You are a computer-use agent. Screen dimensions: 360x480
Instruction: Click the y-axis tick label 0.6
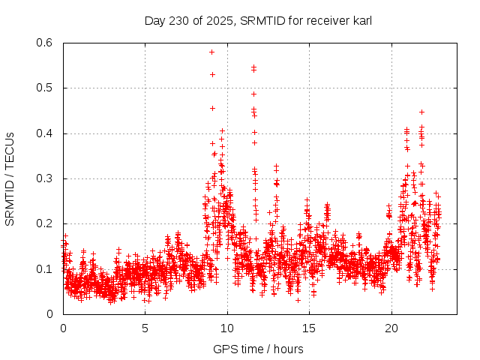pyautogui.click(x=44, y=43)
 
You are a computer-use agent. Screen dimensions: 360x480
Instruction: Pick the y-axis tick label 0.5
pyautogui.click(x=44, y=88)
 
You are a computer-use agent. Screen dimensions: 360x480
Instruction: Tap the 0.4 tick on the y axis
pyautogui.click(x=44, y=133)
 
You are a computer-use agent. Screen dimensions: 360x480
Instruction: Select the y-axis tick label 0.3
pyautogui.click(x=44, y=178)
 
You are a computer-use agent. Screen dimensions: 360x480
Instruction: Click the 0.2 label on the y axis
pyautogui.click(x=44, y=223)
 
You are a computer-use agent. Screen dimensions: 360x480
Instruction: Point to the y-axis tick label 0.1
pyautogui.click(x=44, y=268)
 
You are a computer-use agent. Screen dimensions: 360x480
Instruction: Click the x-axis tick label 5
pyautogui.click(x=145, y=328)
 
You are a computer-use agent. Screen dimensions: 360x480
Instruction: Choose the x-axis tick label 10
pyautogui.click(x=227, y=328)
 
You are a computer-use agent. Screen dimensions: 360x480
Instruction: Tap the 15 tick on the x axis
pyautogui.click(x=309, y=328)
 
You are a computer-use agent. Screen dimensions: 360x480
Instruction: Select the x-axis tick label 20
pyautogui.click(x=391, y=328)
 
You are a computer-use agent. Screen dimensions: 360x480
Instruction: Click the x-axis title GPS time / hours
pyautogui.click(x=257, y=349)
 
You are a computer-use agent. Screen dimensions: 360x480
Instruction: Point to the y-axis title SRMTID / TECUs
pyautogui.click(x=10, y=178)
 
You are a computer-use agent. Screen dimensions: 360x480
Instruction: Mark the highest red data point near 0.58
pyautogui.click(x=212, y=52)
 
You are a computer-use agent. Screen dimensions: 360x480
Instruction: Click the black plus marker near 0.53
pyautogui.click(x=212, y=74)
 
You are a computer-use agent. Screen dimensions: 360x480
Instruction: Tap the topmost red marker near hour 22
pyautogui.click(x=421, y=112)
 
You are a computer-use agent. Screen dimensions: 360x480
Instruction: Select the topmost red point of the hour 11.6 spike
pyautogui.click(x=253, y=67)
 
